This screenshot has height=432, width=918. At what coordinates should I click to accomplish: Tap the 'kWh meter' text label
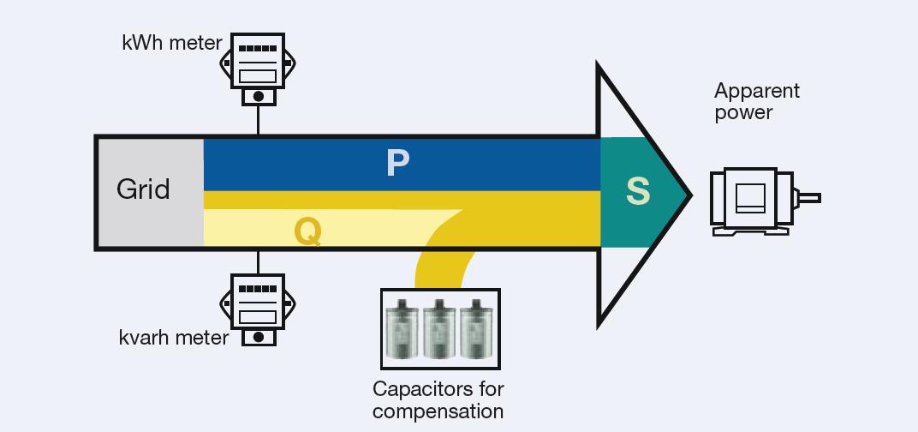click(x=172, y=42)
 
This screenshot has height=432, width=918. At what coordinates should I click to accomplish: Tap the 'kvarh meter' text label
click(x=174, y=338)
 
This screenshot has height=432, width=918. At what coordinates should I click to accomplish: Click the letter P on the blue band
click(x=398, y=163)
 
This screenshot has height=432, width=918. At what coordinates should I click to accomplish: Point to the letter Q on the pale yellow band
click(x=307, y=231)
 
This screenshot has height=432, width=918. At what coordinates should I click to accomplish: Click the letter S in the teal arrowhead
click(x=637, y=192)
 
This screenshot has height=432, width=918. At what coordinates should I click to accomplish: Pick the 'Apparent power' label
click(x=756, y=101)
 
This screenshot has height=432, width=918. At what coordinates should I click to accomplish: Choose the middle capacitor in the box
click(x=438, y=329)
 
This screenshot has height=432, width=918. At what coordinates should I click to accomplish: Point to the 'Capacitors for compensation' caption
click(x=438, y=400)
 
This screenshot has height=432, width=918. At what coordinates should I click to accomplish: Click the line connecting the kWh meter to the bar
click(x=258, y=119)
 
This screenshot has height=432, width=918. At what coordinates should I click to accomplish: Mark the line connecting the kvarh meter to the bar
click(x=258, y=261)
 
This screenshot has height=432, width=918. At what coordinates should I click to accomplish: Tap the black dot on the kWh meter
click(x=258, y=97)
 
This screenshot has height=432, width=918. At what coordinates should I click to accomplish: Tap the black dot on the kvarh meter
click(x=258, y=337)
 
